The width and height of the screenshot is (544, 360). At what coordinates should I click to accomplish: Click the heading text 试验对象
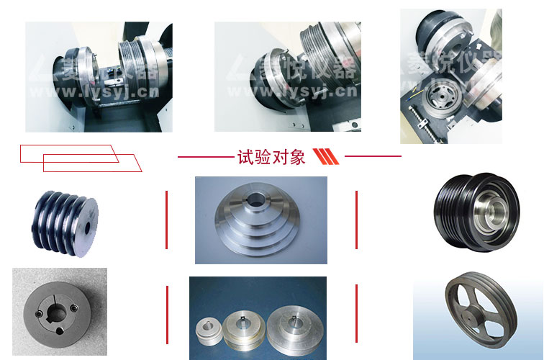pyautogui.click(x=271, y=157)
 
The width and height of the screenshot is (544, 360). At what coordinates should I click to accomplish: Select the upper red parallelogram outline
pyautogui.click(x=69, y=153)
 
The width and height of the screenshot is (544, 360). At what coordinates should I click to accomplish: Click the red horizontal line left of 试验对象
pyautogui.click(x=205, y=156)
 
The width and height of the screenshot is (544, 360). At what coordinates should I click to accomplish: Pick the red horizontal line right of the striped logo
pyautogui.click(x=373, y=156)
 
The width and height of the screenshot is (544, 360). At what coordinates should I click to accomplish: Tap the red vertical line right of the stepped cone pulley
pyautogui.click(x=357, y=220)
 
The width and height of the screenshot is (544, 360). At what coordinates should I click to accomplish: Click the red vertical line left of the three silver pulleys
pyautogui.click(x=167, y=315)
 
